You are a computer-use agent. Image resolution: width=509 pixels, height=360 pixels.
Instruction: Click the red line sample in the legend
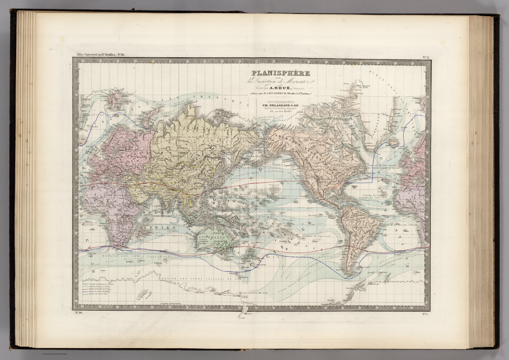click(x=85, y=289)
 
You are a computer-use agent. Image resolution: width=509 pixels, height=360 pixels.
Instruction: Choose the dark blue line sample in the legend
click(x=85, y=291)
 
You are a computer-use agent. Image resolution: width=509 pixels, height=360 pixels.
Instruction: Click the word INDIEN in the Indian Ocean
click(x=164, y=228)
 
